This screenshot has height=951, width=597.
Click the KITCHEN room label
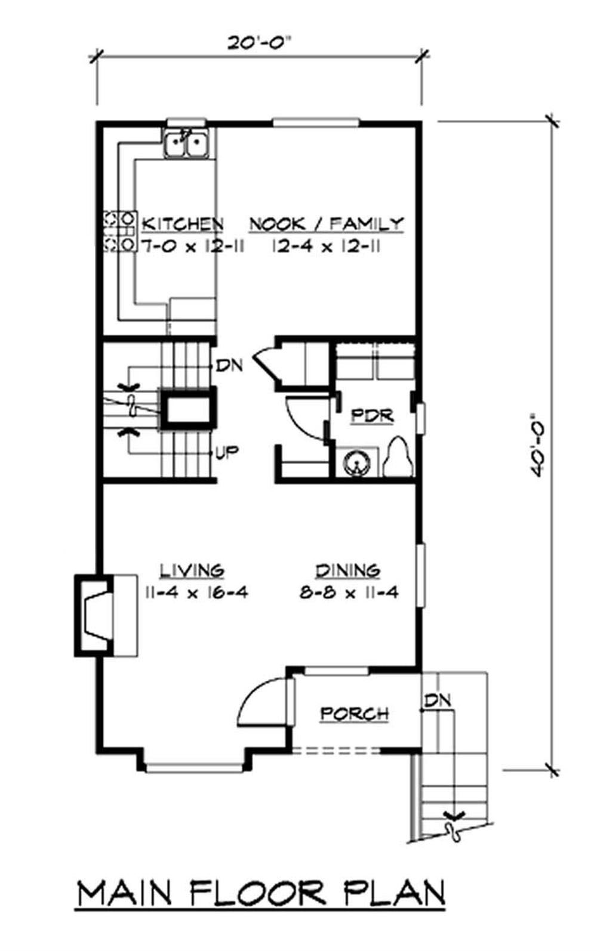click(183, 224)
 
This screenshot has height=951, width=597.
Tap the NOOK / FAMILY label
click(327, 224)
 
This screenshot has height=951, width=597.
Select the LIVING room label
click(192, 570)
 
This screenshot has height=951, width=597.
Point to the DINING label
click(348, 570)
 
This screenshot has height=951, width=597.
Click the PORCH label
click(355, 714)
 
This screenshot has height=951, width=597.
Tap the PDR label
click(372, 416)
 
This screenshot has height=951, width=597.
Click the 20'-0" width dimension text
click(261, 42)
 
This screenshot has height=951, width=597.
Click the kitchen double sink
click(187, 144)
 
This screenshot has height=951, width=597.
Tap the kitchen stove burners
click(120, 232)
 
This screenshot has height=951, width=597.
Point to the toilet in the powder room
click(398, 456)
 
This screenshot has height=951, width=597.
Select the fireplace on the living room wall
click(94, 616)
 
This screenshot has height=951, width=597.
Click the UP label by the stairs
click(227, 453)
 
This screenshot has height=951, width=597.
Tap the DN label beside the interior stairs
click(229, 365)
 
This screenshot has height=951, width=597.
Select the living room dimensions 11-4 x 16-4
click(196, 592)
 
